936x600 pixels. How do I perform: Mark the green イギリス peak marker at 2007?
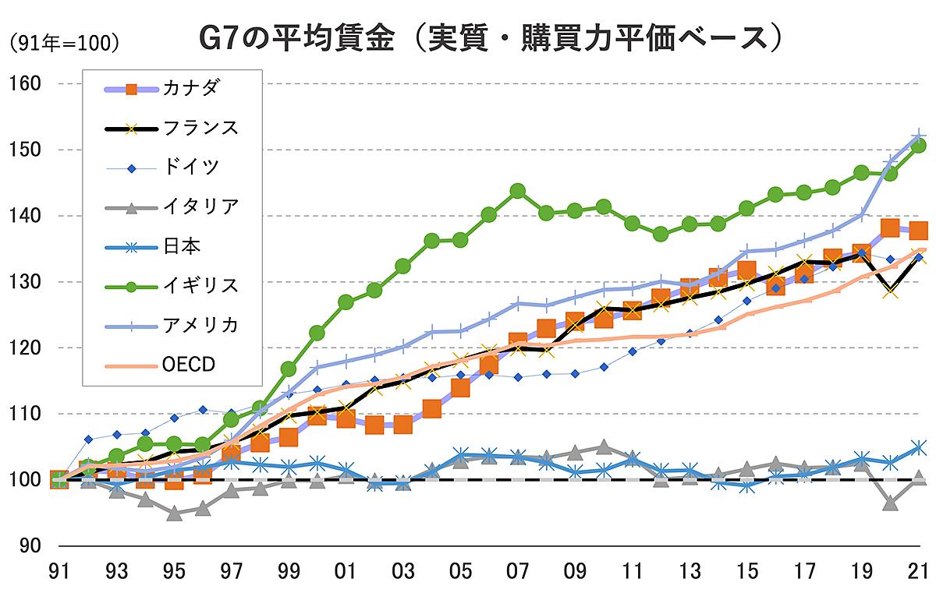coord(517,191)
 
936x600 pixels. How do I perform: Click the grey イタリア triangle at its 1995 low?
coord(174,514)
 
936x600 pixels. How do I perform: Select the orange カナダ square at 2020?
coord(890,228)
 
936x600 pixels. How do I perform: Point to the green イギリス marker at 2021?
coord(918,146)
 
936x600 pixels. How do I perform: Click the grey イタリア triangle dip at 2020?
coord(890,503)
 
